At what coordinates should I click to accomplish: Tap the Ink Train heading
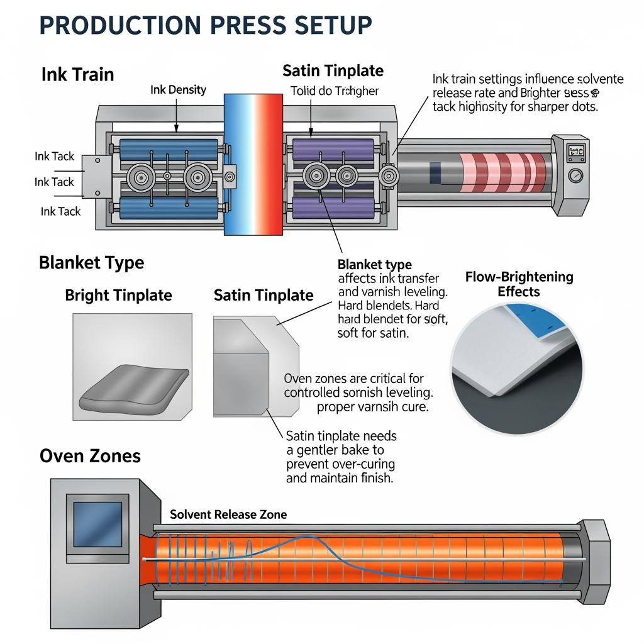click(x=77, y=74)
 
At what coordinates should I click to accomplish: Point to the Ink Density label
click(x=178, y=90)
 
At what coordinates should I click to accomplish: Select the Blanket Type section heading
click(x=91, y=262)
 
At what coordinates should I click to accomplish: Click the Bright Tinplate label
click(x=118, y=295)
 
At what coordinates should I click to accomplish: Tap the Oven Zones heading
click(x=90, y=455)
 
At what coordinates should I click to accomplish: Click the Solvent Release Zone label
click(x=228, y=514)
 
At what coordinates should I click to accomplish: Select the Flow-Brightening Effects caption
click(x=519, y=284)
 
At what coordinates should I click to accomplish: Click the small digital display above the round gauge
click(x=576, y=151)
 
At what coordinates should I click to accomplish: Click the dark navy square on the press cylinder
click(x=435, y=170)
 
